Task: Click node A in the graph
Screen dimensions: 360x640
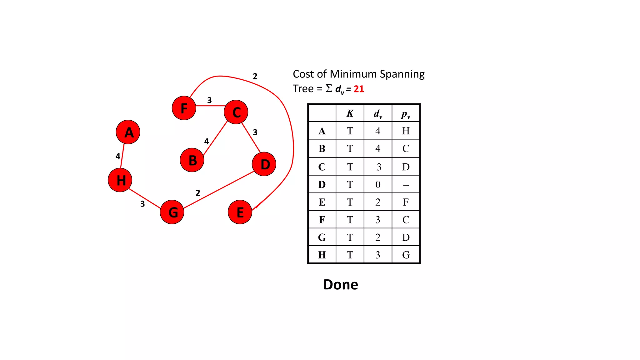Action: click(128, 132)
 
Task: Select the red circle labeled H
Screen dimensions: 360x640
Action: click(120, 180)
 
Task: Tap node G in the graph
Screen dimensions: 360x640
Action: click(172, 212)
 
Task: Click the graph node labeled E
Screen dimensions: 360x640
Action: click(240, 212)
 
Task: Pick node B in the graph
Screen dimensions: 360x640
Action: click(192, 160)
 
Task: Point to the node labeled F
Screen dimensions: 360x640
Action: click(184, 108)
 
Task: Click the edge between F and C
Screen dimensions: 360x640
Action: click(210, 106)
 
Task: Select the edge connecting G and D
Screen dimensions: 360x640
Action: click(219, 190)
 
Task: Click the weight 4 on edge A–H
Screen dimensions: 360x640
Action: click(118, 156)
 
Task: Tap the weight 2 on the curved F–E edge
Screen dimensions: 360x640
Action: click(255, 76)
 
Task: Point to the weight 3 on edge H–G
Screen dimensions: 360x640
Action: click(142, 204)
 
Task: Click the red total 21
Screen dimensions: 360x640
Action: click(359, 89)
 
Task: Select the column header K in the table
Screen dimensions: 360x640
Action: click(350, 113)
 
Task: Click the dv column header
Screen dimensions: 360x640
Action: click(378, 114)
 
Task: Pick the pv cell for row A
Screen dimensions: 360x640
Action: click(406, 131)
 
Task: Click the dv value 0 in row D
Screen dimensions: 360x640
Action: click(378, 184)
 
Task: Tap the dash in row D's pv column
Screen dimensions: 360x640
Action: click(406, 185)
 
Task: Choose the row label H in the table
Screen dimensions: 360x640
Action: click(322, 255)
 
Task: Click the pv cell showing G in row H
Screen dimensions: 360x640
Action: click(406, 255)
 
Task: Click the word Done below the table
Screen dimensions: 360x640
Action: click(341, 284)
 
